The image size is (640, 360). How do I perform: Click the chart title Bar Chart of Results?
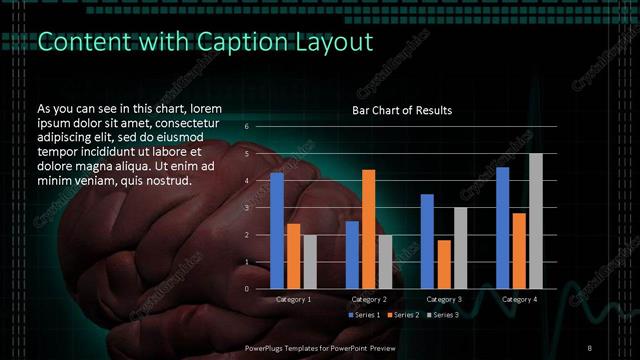(x=402, y=110)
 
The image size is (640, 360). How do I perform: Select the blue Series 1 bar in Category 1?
(x=277, y=230)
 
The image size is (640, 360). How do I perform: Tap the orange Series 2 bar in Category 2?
(x=368, y=229)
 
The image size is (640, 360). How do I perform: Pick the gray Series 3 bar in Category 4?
(x=536, y=221)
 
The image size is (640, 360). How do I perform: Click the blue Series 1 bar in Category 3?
(x=427, y=241)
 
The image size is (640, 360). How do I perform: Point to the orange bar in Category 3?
(x=444, y=264)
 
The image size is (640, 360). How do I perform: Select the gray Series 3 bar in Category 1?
(x=310, y=262)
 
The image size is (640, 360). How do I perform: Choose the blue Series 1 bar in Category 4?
(x=502, y=227)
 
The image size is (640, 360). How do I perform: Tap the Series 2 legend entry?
(x=404, y=315)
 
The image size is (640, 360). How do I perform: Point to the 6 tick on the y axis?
(x=247, y=127)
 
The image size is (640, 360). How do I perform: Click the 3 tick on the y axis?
(x=247, y=208)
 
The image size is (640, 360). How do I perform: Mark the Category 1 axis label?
(x=293, y=299)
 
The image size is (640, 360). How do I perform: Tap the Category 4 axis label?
(x=519, y=299)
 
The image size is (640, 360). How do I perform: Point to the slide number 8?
(x=590, y=347)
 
